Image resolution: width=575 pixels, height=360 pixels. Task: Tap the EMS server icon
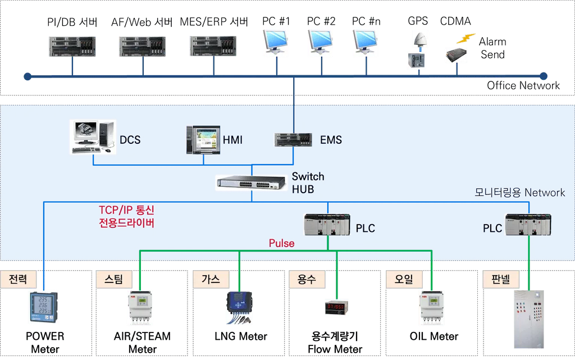click(293, 139)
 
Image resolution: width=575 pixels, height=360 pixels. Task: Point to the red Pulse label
click(281, 243)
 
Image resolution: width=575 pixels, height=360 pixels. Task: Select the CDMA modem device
click(456, 55)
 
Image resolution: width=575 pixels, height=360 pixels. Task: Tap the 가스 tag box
click(211, 279)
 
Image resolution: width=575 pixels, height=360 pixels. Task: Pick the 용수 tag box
click(306, 279)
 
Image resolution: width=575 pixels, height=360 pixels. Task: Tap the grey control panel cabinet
click(528, 318)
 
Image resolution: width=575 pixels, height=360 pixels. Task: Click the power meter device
click(43, 308)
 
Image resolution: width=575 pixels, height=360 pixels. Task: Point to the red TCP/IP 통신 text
click(126, 211)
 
